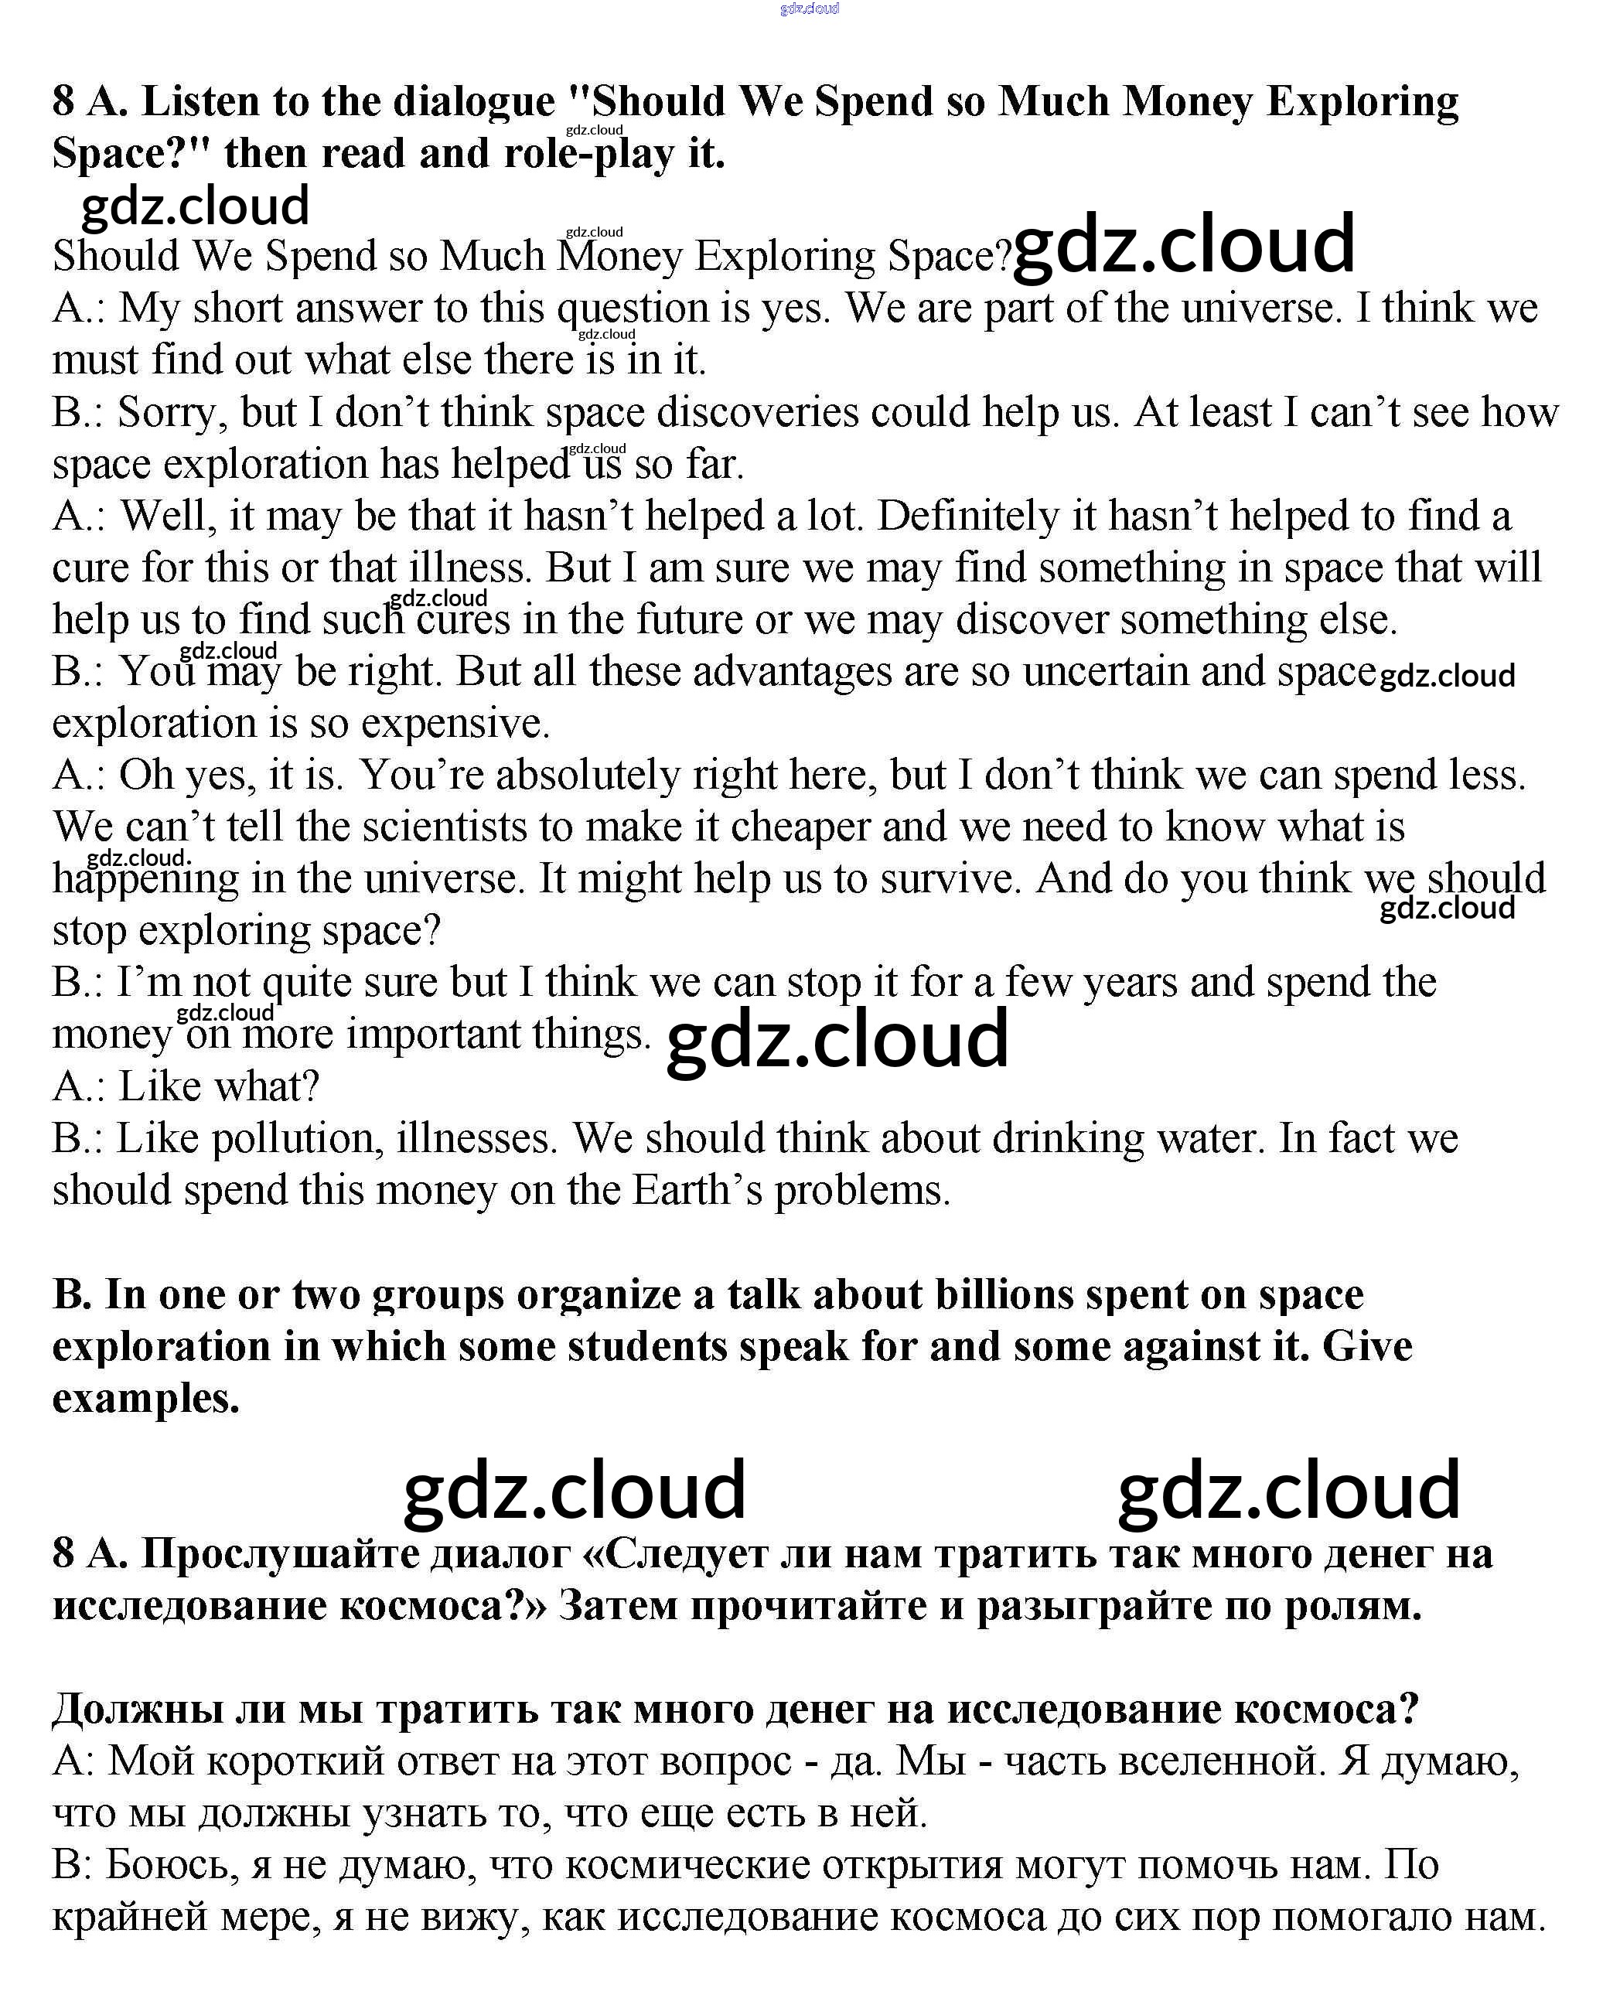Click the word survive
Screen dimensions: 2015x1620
click(947, 879)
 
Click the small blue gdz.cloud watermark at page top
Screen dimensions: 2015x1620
click(810, 9)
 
